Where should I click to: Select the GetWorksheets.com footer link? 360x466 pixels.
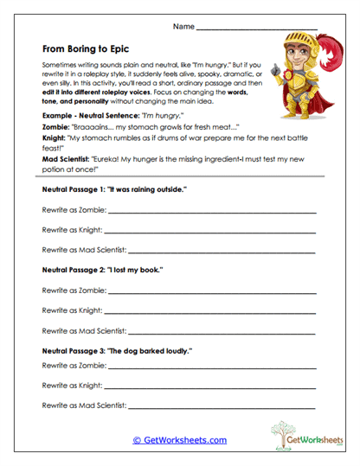click(x=179, y=440)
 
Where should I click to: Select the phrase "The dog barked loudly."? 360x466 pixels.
click(x=154, y=351)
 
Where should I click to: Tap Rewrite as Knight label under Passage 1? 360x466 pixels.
click(x=72, y=230)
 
